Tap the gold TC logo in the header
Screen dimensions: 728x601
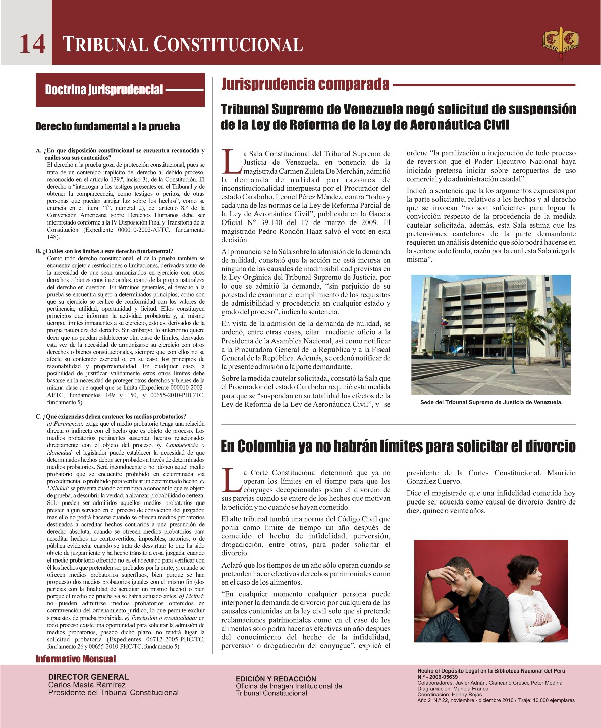[x=560, y=43]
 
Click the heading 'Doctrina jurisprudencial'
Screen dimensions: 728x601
[x=104, y=90]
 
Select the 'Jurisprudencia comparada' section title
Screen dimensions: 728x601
[x=305, y=84]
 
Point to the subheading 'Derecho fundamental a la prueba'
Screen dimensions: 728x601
[x=107, y=126]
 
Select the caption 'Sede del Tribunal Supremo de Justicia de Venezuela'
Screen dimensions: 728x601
[x=491, y=402]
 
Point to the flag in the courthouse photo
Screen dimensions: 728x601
[x=444, y=321]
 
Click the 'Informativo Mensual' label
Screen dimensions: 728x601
[x=75, y=659]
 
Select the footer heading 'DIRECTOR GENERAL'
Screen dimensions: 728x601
[x=88, y=677]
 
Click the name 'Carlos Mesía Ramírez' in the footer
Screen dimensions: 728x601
[x=87, y=685]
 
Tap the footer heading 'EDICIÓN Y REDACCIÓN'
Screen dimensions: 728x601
[x=276, y=679]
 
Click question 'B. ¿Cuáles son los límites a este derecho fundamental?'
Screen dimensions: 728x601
[x=104, y=251]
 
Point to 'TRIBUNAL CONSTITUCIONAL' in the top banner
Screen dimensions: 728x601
[x=183, y=44]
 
